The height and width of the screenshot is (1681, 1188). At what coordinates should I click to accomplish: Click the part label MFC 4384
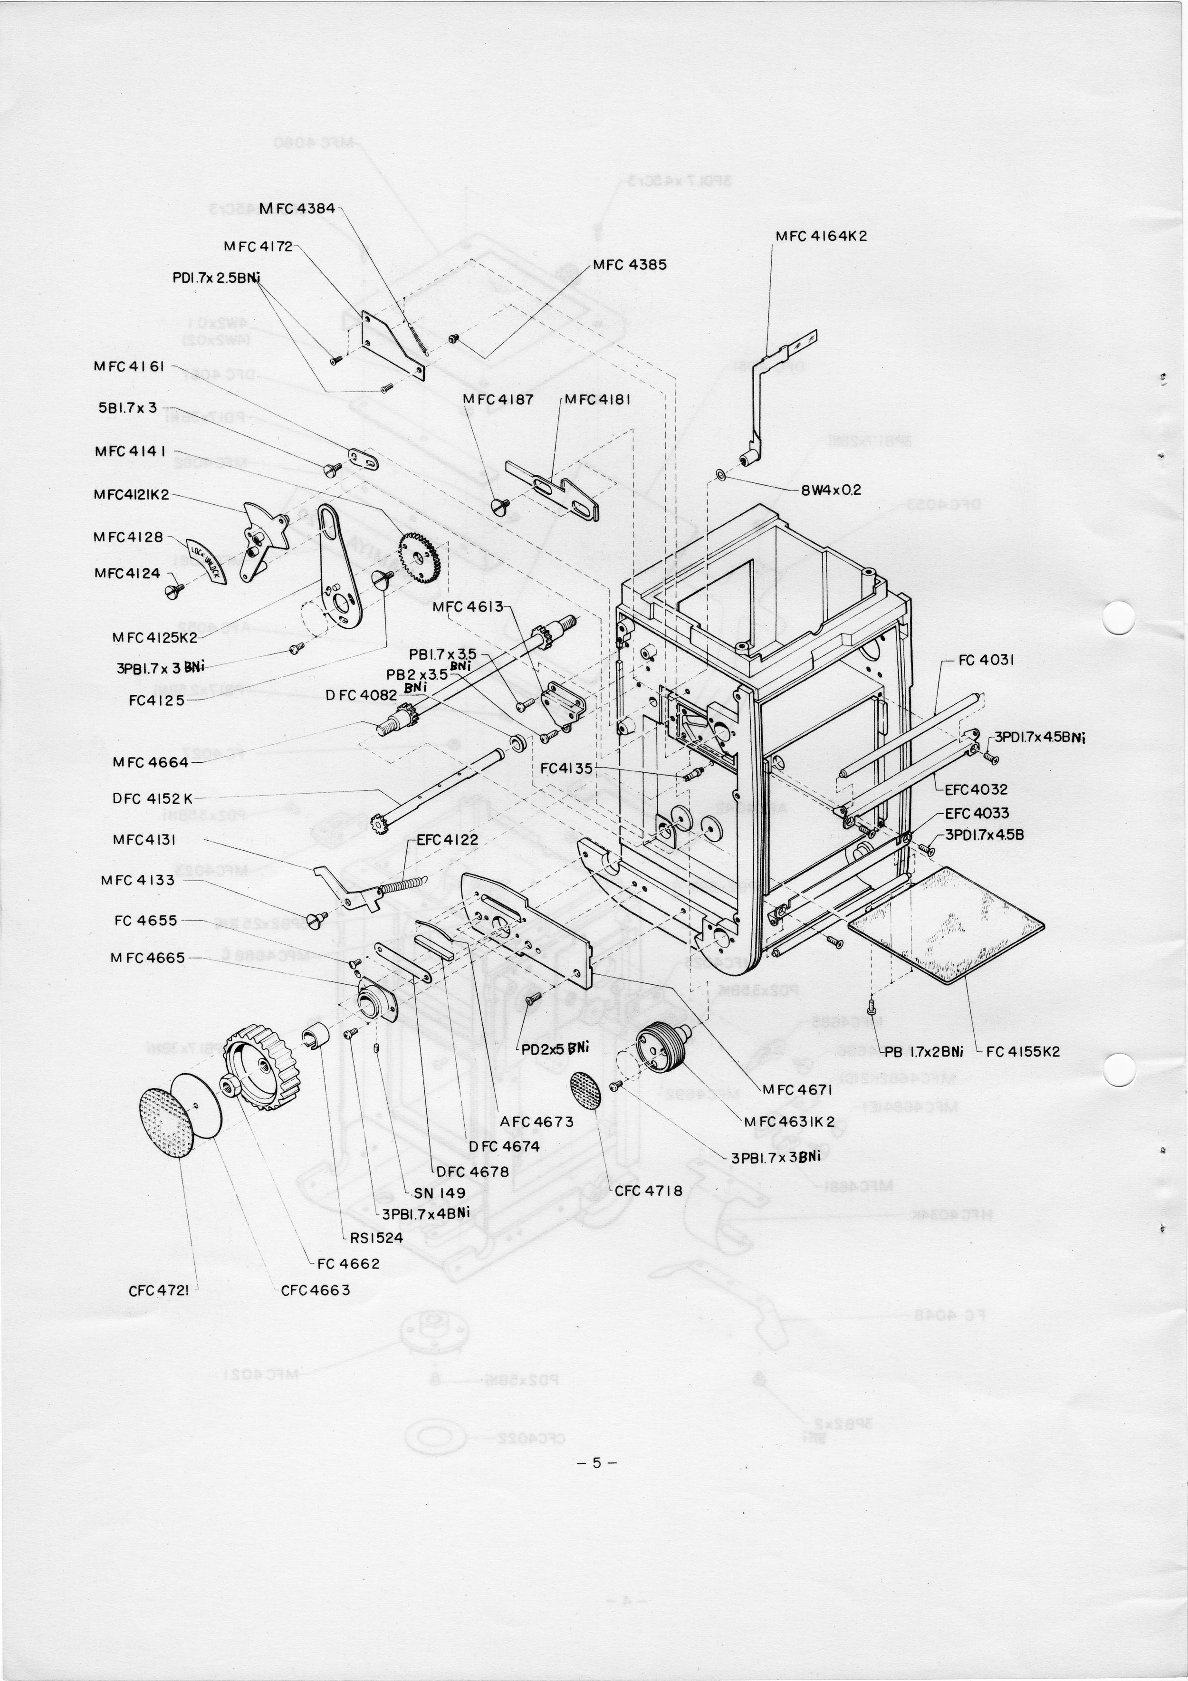click(297, 208)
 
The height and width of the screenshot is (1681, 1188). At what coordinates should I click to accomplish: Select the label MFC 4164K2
click(821, 237)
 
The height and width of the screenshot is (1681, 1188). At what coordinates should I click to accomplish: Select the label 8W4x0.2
click(831, 490)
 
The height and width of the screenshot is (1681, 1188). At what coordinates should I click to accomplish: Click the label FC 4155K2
click(1023, 1051)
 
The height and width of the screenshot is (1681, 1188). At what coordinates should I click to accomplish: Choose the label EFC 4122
click(447, 840)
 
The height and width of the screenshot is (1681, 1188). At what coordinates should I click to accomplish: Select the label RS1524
click(376, 1237)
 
